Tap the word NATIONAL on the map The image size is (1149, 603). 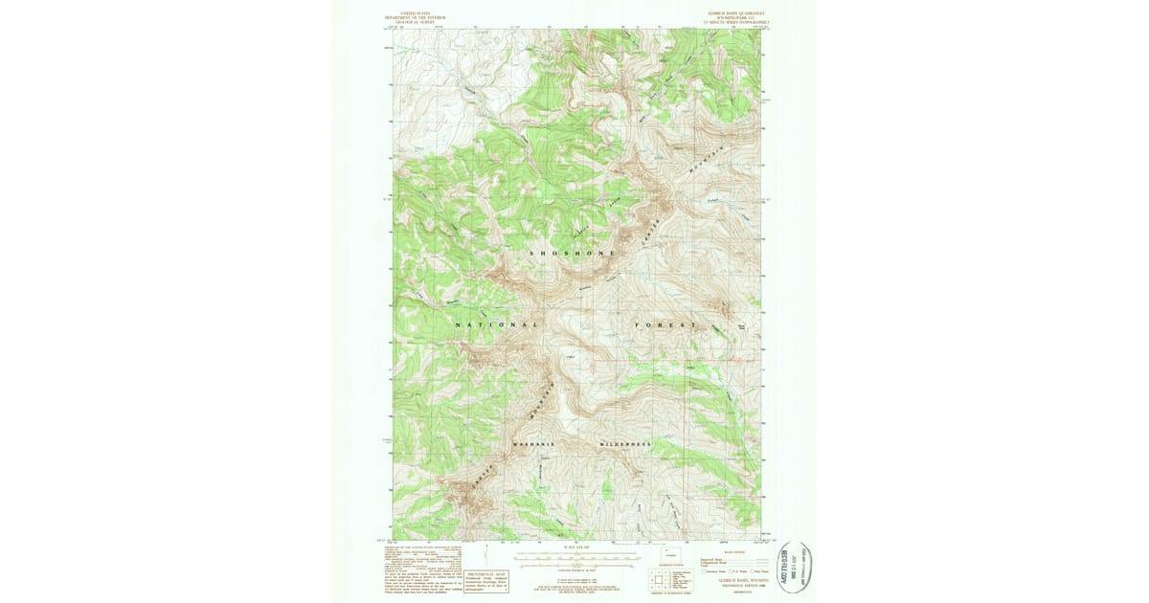(497, 325)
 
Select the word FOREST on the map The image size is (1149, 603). (665, 326)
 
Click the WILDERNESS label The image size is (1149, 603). (625, 445)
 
